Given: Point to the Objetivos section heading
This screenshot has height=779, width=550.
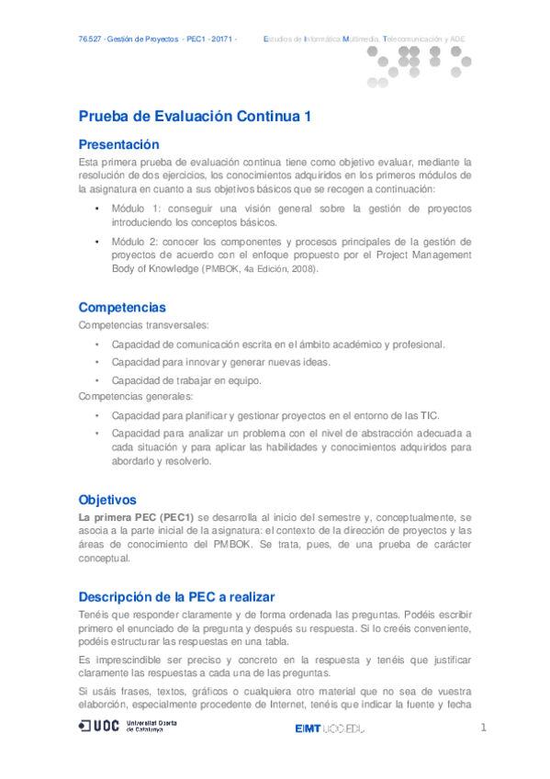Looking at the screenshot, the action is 107,500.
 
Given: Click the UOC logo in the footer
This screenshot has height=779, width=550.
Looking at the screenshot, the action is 129,727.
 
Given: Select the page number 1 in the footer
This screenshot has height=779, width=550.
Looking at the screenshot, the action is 483,728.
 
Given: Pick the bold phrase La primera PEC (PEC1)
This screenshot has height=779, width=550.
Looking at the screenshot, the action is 137,516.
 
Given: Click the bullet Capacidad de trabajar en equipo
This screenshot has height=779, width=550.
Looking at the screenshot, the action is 186,379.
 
